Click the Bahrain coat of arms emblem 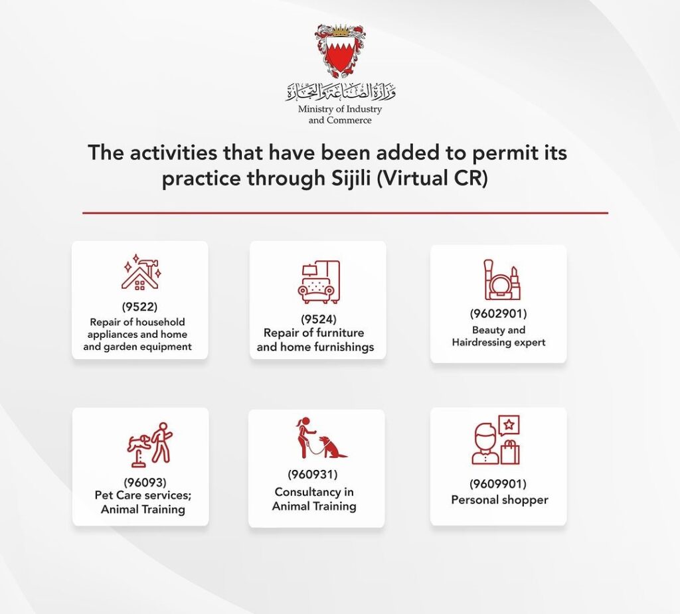340,51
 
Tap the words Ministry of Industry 340,110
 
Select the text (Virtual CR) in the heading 432,178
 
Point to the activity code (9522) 139,307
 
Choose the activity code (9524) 319,319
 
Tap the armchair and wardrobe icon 319,282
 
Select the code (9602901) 498,313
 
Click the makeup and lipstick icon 502,279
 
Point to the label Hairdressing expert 498,342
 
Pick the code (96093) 145,482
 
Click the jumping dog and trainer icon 150,444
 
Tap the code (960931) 313,475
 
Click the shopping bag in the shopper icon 510,452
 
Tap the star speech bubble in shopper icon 509,425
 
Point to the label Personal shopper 499,500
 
